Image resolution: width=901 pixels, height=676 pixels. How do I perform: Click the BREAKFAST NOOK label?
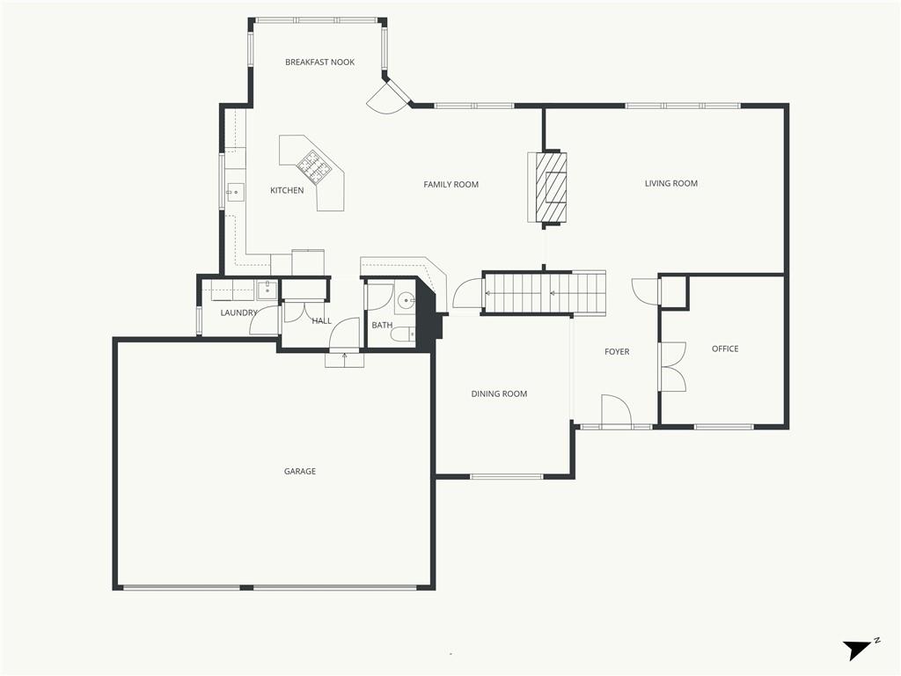pos(319,62)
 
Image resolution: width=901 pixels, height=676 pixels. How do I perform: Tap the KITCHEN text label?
pos(287,191)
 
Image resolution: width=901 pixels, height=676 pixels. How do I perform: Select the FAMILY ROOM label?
pos(450,185)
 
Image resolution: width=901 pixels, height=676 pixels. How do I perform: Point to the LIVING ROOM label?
pos(670,184)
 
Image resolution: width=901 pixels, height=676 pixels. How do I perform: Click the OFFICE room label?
pos(725,349)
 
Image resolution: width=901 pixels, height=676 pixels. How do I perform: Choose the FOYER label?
pos(617,352)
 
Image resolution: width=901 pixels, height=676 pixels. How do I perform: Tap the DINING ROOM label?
pos(499,394)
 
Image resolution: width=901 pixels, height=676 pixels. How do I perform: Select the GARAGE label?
pos(299,472)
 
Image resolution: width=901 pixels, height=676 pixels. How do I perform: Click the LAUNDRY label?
pos(238,313)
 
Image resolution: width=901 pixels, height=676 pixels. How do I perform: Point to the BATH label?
pos(382,326)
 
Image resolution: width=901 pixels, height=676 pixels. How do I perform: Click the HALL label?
pos(322,321)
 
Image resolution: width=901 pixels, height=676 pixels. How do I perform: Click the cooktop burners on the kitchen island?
pos(311,164)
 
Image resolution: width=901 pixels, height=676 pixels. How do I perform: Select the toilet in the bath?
pos(403,334)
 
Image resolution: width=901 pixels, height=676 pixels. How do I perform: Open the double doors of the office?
pos(672,366)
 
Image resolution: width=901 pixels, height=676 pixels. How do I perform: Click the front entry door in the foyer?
pos(616,412)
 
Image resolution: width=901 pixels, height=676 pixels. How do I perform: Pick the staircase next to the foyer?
pos(544,293)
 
